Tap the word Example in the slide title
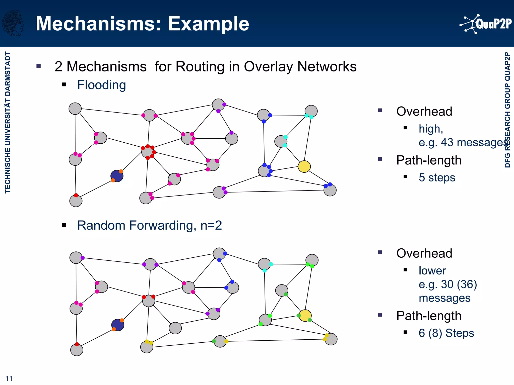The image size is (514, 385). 208,24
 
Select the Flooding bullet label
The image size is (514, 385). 101,85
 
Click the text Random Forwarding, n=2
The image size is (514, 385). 149,225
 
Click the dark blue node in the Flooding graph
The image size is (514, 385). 117,176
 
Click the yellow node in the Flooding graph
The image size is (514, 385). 304,167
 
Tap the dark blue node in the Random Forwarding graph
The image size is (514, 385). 118,325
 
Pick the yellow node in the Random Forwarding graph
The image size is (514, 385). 305,316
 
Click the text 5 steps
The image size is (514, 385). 437,177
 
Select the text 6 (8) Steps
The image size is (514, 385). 446,333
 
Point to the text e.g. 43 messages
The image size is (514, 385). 462,142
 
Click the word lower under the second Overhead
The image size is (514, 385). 432,271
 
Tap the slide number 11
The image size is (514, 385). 9,378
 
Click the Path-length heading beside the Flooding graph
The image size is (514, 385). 429,160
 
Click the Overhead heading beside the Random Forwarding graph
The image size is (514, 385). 424,253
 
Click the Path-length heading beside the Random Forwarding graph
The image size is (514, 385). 429,316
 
